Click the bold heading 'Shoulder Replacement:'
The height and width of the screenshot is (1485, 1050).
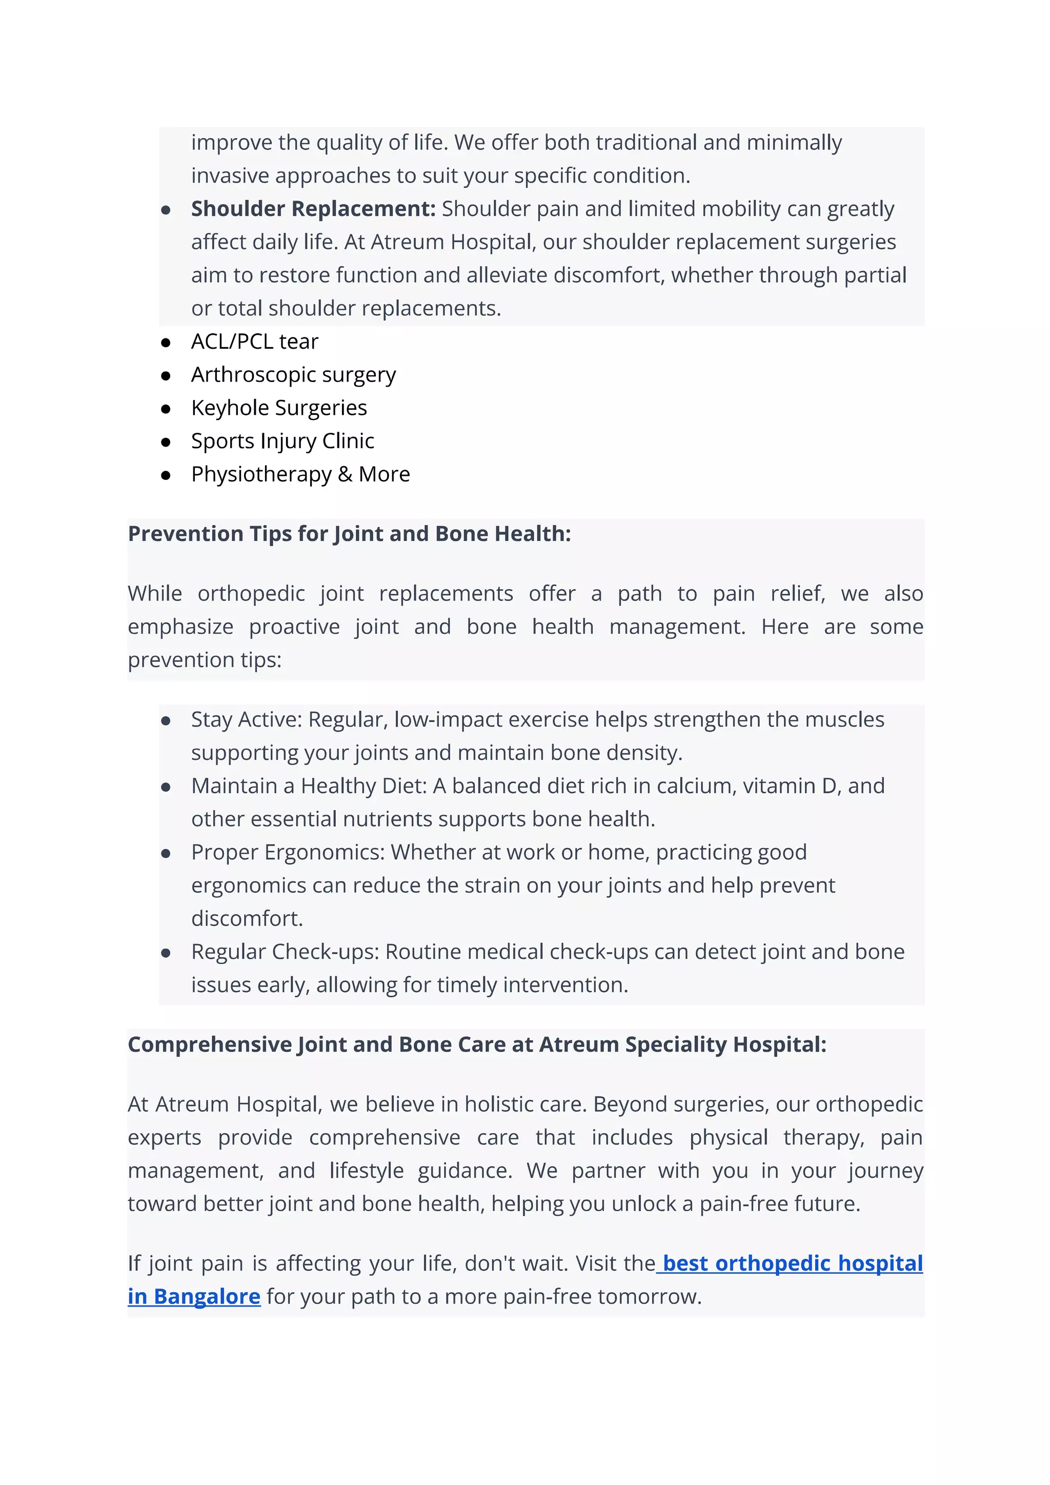(x=313, y=209)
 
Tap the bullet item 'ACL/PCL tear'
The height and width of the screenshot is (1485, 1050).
(x=255, y=342)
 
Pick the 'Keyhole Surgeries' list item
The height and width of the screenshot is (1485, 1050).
(x=279, y=408)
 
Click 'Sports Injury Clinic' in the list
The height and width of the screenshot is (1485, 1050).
(x=282, y=441)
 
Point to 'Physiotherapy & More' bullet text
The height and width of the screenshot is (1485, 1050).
(x=300, y=474)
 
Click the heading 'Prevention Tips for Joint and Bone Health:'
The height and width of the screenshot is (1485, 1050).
(x=349, y=534)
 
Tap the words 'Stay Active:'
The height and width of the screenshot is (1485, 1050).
(x=246, y=719)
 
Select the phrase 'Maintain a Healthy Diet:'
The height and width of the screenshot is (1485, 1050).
(x=309, y=786)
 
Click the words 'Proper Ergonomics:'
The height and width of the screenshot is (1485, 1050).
(x=288, y=852)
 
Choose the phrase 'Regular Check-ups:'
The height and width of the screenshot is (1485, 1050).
(x=285, y=952)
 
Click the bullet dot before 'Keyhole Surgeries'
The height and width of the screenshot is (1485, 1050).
(x=166, y=409)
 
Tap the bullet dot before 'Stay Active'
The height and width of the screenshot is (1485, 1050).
(x=166, y=721)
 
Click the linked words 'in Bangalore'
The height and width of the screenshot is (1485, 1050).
(x=194, y=1297)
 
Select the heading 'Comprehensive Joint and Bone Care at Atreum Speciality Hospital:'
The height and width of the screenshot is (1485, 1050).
(x=476, y=1045)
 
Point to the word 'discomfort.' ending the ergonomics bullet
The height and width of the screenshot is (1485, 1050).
(x=247, y=918)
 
